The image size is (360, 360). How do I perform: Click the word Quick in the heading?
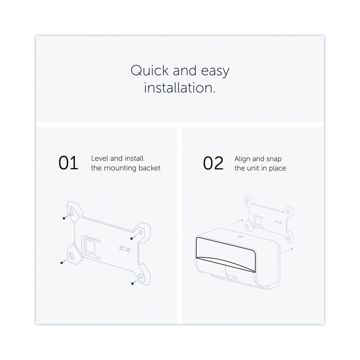(x=150, y=70)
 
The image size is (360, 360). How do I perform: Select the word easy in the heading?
(x=215, y=72)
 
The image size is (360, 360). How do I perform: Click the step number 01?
(x=69, y=163)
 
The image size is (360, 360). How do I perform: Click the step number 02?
(x=213, y=163)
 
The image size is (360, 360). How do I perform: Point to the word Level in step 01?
(x=100, y=158)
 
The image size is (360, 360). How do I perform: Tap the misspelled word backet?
(x=149, y=168)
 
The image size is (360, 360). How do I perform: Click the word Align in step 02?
(x=242, y=159)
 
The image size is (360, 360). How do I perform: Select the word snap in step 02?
(x=274, y=159)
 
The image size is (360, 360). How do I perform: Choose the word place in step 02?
(x=277, y=168)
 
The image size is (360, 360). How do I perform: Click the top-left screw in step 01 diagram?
(x=64, y=218)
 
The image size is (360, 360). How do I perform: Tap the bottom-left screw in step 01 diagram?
(x=61, y=263)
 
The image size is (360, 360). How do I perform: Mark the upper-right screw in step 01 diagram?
(x=132, y=239)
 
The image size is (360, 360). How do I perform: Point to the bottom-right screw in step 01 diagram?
(x=132, y=284)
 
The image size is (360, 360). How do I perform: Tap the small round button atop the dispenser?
(x=240, y=237)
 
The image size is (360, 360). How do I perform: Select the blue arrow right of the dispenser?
(x=288, y=251)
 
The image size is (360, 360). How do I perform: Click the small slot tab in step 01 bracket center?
(x=125, y=249)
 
